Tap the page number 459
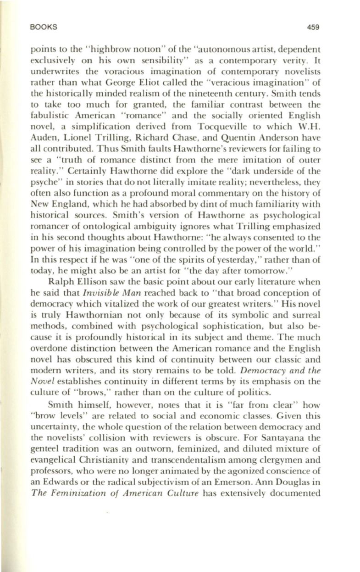[x=312, y=27]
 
